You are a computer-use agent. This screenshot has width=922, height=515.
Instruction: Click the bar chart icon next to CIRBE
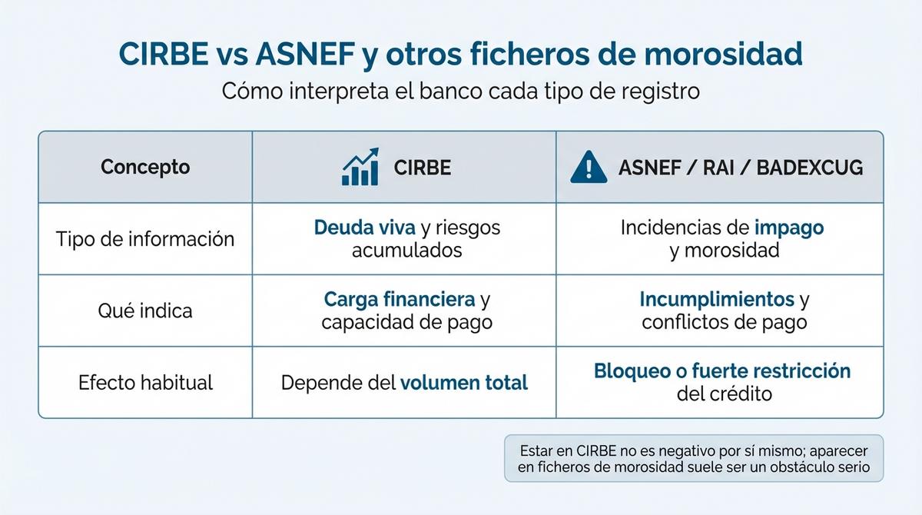pos(360,167)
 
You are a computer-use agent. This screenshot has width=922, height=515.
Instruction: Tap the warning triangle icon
pos(589,167)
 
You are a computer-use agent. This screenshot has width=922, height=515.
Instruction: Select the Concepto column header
pos(145,167)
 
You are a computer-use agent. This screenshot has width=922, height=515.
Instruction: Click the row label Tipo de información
pos(145,238)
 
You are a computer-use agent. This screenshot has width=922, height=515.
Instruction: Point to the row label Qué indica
pos(145,311)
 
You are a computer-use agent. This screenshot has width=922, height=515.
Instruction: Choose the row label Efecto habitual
pos(145,382)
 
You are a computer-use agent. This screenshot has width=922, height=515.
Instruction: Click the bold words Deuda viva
pos(365,228)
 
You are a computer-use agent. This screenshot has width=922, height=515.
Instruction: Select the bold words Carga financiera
pos(400,299)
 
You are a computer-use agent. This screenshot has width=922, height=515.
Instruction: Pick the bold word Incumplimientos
pos(717,299)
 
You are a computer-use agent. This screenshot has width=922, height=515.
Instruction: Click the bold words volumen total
pos(464,382)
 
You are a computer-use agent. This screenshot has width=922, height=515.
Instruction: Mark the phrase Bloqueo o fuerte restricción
pos(722,370)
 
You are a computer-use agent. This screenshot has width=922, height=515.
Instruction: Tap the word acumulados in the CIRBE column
pos(406,250)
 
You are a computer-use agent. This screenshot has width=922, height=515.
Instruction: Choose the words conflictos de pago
pos(724,321)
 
